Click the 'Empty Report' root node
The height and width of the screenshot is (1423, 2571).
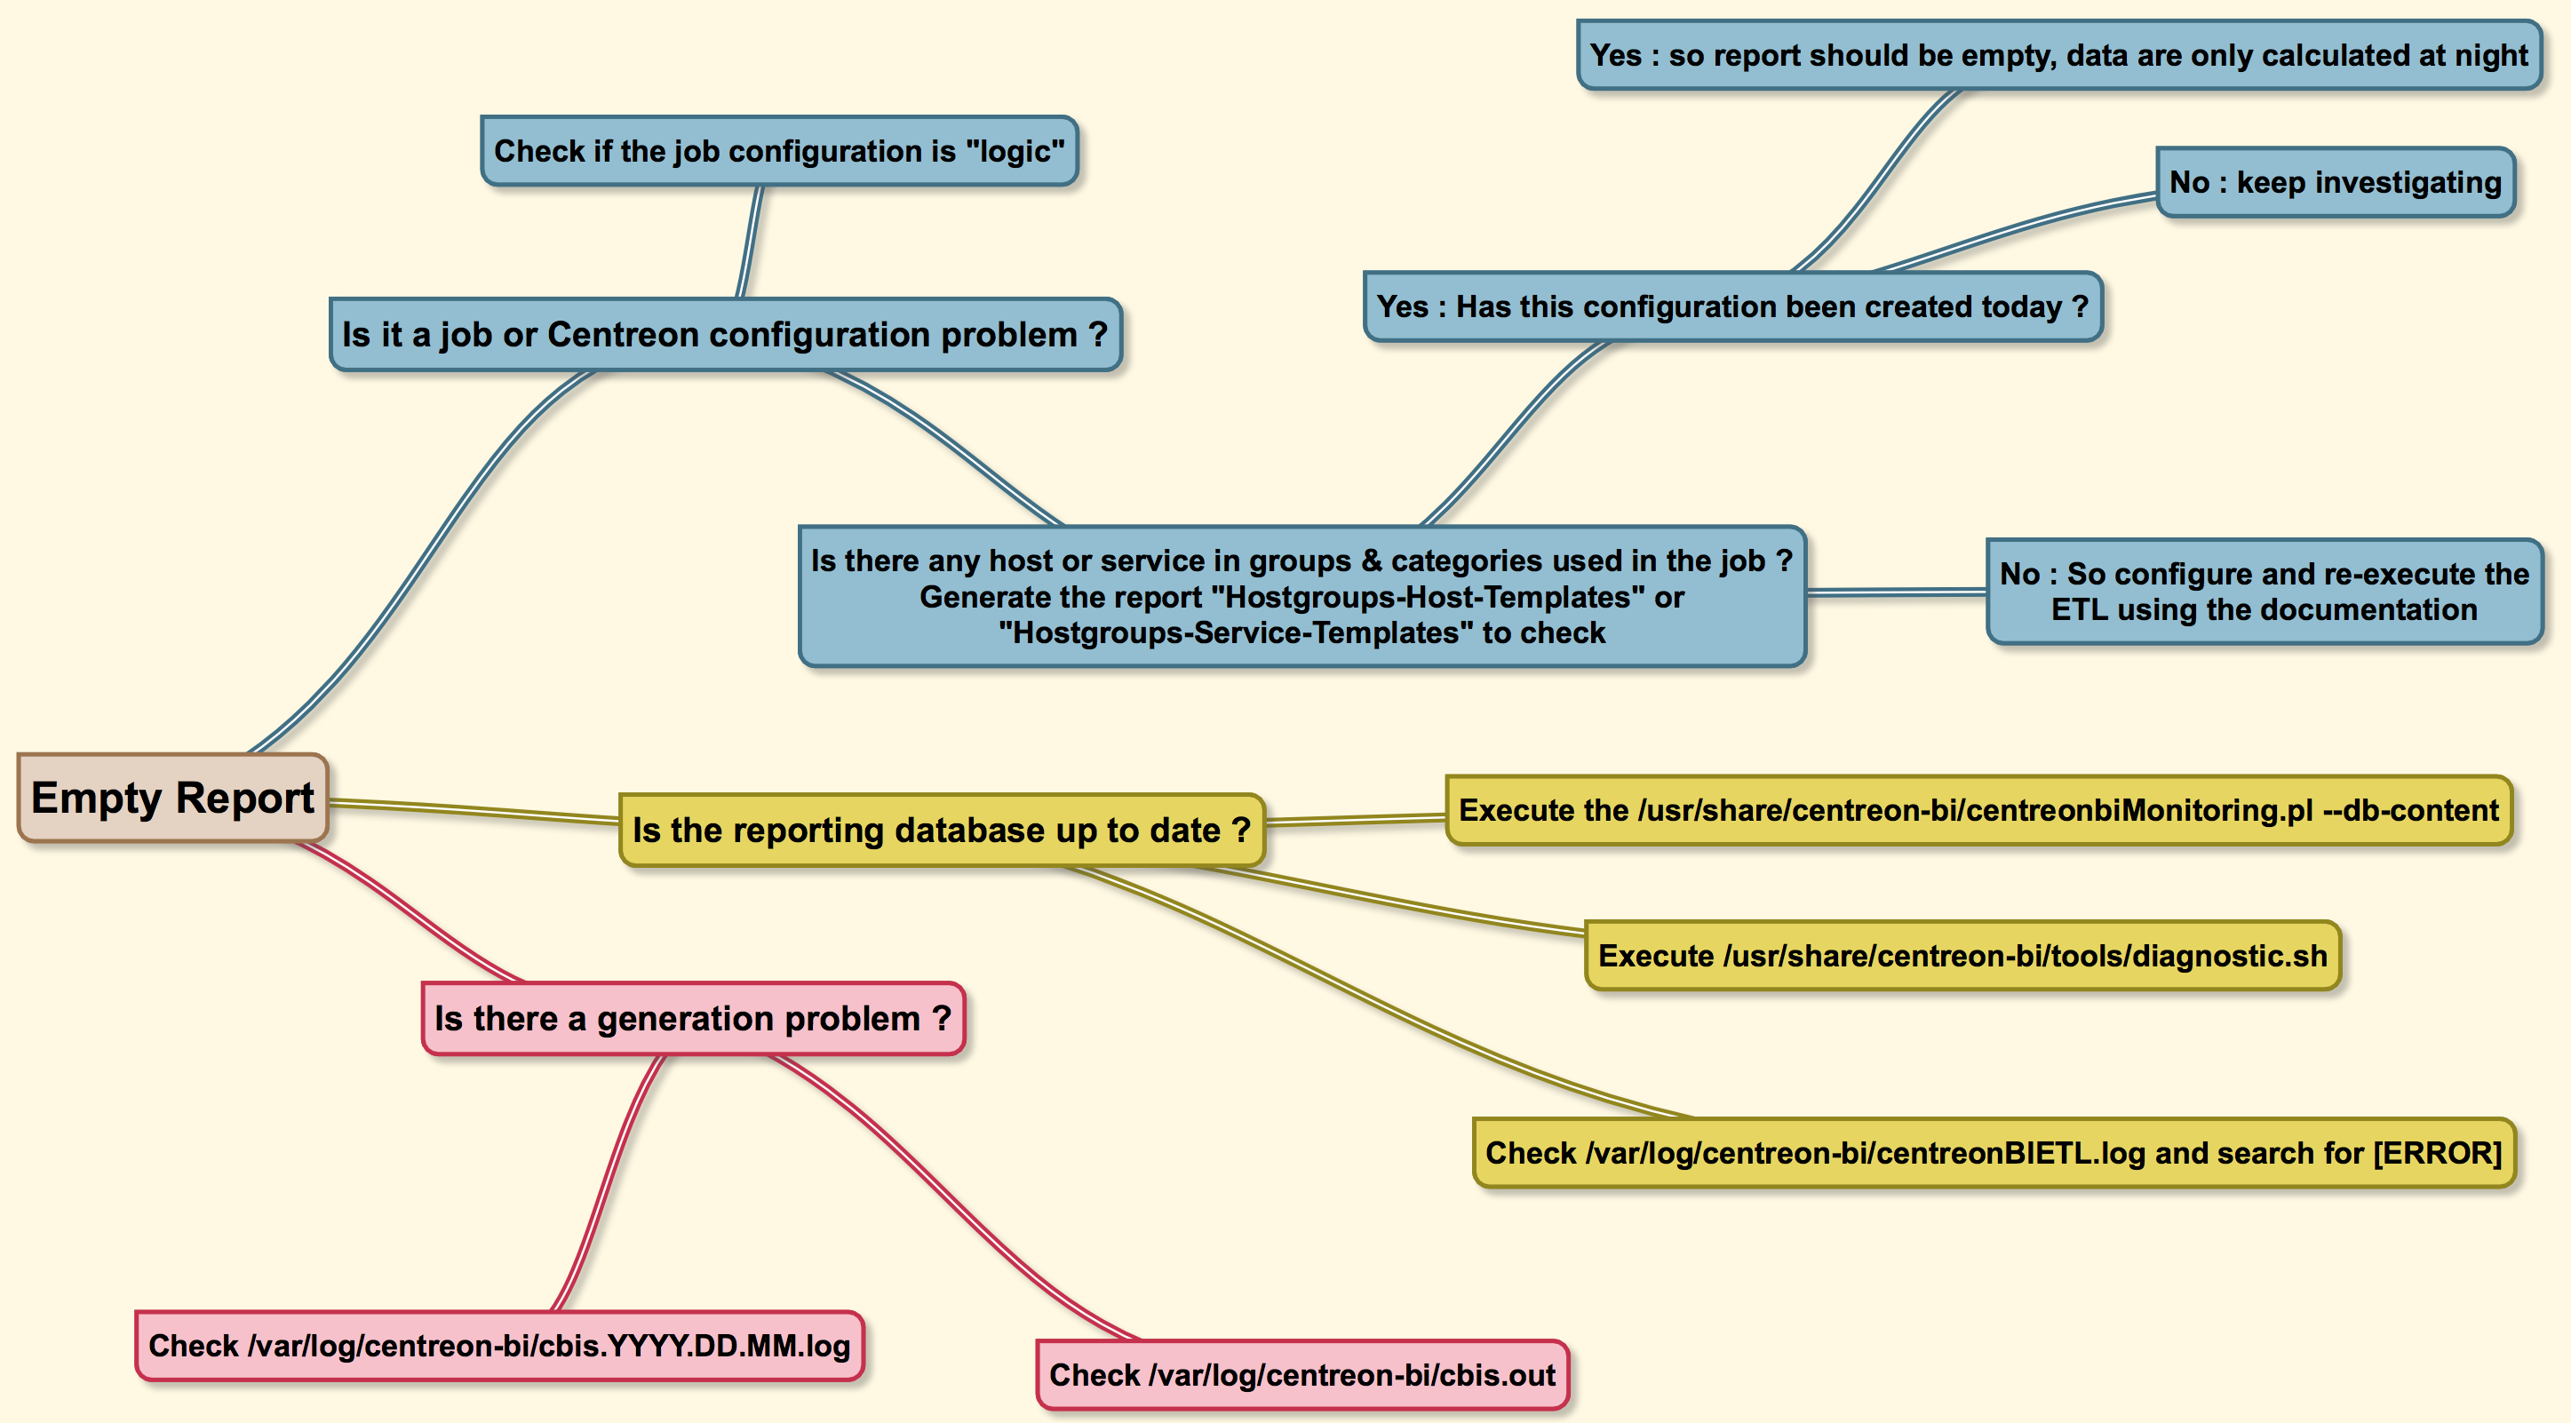(x=172, y=798)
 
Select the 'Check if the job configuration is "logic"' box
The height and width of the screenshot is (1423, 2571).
(x=778, y=151)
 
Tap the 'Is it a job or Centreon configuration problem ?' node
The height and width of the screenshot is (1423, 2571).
(x=725, y=334)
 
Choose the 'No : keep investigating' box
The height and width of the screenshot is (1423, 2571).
(x=2335, y=183)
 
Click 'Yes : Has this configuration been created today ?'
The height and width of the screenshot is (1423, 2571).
(x=1731, y=306)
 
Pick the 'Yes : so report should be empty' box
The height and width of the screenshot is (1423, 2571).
(x=2058, y=55)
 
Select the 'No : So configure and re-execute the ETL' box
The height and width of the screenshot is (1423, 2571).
(x=2264, y=592)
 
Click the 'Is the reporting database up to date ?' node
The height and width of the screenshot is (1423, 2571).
(x=941, y=831)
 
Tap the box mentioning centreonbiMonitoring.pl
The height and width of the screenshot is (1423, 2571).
(x=1978, y=810)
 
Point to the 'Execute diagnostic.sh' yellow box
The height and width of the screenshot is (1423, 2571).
(x=1962, y=956)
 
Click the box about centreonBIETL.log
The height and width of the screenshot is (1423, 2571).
(x=1994, y=1153)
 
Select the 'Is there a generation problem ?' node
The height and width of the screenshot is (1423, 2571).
(x=693, y=1019)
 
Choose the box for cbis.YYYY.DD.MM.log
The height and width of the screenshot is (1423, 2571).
(x=499, y=1346)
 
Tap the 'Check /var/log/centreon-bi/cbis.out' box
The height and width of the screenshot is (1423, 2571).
(x=1301, y=1375)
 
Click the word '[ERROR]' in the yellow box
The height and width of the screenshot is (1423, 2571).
(x=2436, y=1153)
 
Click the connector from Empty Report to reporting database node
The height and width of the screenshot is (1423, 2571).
(x=474, y=811)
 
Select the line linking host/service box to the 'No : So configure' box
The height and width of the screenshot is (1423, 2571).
(x=1897, y=592)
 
